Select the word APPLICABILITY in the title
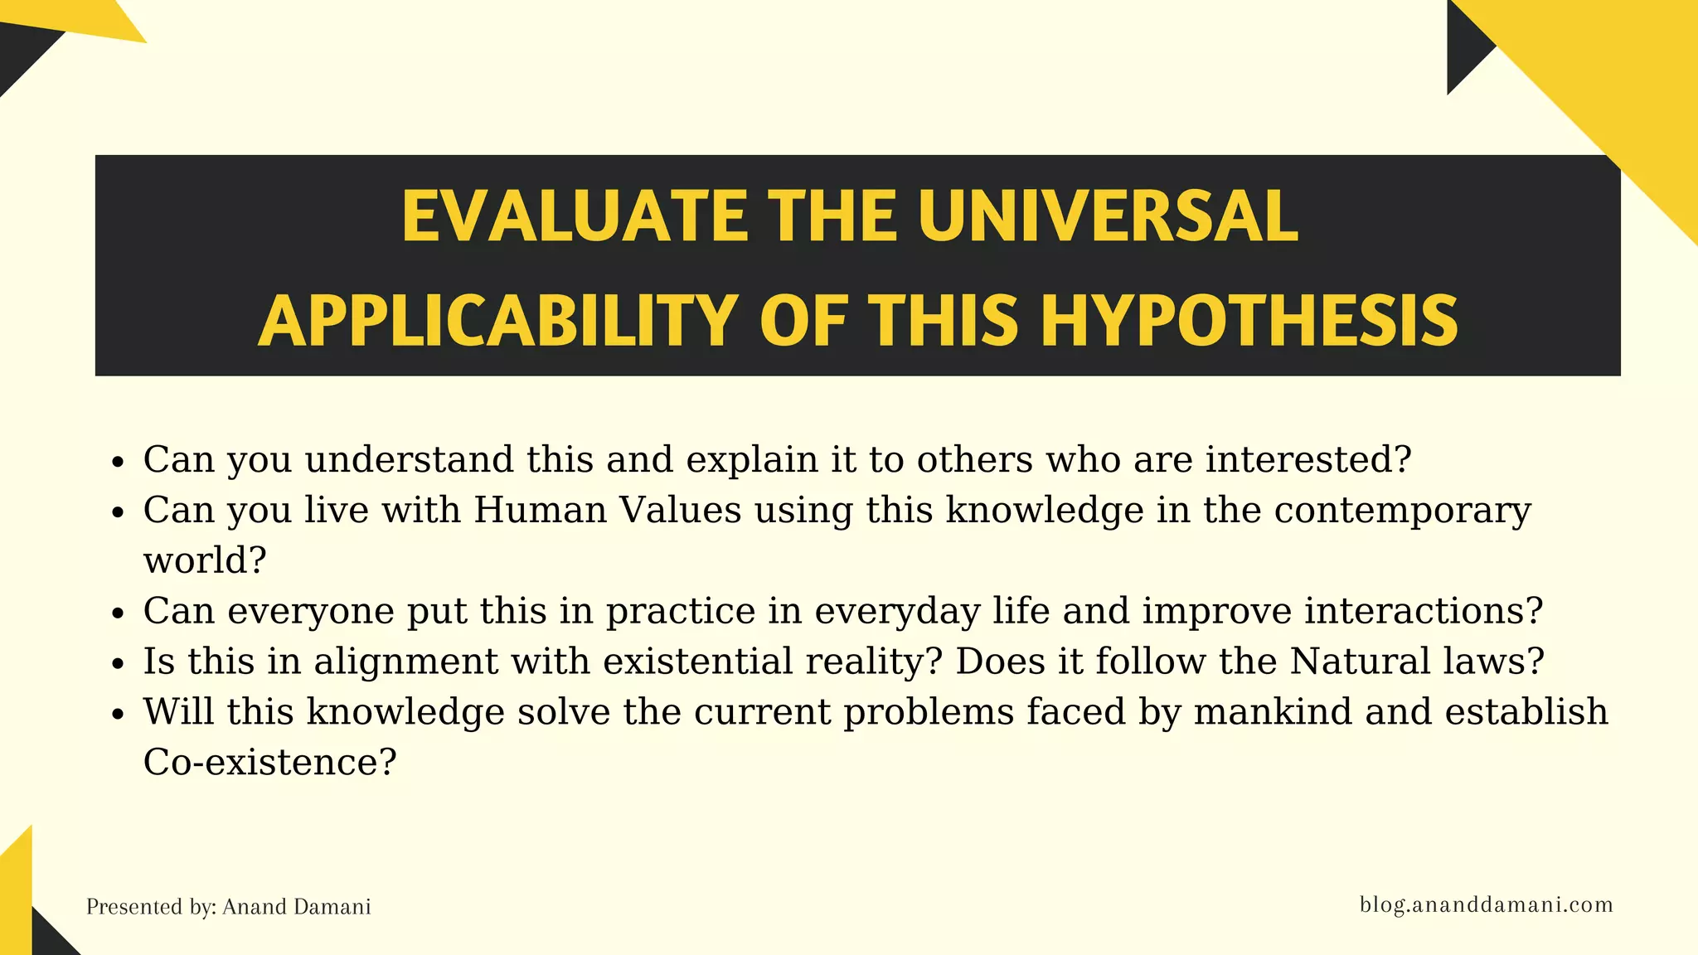point(498,322)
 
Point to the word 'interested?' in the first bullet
point(1307,459)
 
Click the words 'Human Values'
point(607,510)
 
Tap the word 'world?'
point(205,560)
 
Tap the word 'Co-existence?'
point(269,763)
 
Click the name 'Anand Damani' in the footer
point(296,907)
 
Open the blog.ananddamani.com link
point(1486,904)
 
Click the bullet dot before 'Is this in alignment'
point(118,663)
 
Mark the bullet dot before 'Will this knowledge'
point(118,714)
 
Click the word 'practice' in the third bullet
point(681,612)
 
